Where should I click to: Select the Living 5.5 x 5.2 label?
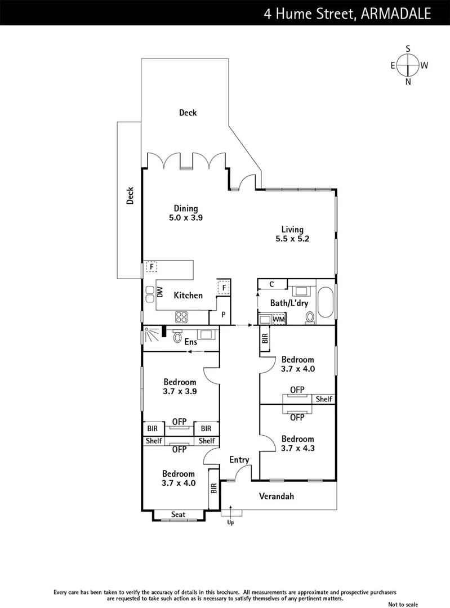coord(293,234)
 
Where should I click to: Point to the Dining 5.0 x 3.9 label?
coord(185,213)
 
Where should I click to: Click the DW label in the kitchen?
coord(160,292)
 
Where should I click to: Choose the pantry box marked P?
coord(224,315)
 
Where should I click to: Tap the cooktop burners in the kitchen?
coord(182,316)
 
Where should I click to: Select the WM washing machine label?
coord(278,319)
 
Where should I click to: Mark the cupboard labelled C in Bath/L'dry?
coord(271,284)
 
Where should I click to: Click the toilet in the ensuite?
coord(178,337)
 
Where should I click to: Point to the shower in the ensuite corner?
coord(151,336)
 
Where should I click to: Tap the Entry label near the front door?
coord(239,460)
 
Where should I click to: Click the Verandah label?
coord(276,497)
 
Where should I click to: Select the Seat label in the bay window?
coord(178,515)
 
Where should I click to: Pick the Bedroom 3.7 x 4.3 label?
coord(297,444)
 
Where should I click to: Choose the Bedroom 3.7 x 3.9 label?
coord(179,386)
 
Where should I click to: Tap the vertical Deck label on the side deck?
coord(130,195)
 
